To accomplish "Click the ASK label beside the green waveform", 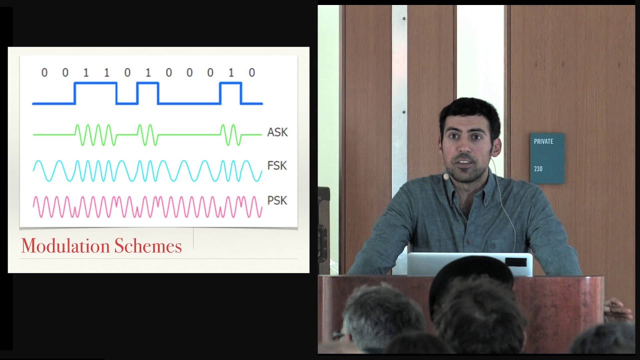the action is [x=277, y=132].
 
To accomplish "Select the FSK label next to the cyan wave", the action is [x=277, y=165].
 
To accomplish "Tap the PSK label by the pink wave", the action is [x=277, y=200].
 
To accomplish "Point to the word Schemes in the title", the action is [x=148, y=245].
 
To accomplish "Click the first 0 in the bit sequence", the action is [x=44, y=72].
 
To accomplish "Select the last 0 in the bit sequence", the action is [x=251, y=72].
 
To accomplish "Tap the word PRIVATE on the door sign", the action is [x=543, y=141].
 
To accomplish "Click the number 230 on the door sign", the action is [x=538, y=169].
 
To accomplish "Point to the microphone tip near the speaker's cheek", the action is [x=445, y=177].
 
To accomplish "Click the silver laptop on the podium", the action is [x=469, y=264].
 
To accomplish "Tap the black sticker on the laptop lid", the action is [x=515, y=262].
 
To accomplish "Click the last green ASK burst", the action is [x=231, y=135].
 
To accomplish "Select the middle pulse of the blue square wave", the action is [x=147, y=93].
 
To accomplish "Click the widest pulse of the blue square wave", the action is [x=95, y=93].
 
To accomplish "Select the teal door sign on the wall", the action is [x=547, y=158].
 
